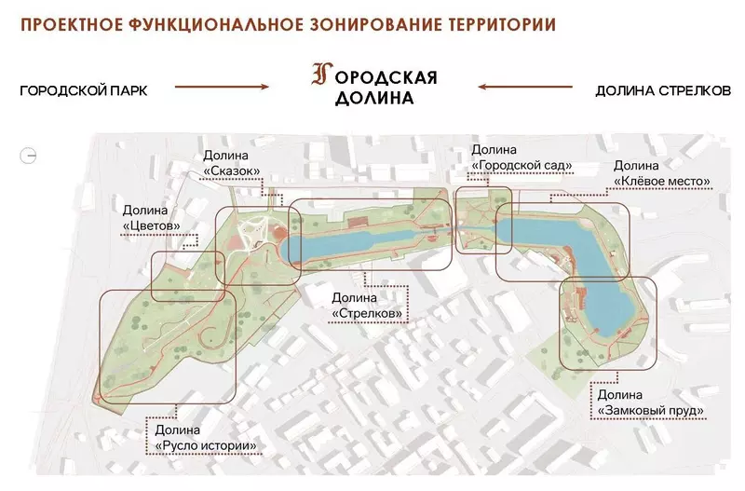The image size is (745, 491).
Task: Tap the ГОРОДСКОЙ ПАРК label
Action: point(84,90)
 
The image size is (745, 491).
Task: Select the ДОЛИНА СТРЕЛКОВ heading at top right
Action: point(663,90)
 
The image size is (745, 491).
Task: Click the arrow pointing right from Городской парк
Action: point(222,88)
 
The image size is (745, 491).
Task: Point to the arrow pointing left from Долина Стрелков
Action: point(523,88)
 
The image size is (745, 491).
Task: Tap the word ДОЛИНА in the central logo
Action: point(373,97)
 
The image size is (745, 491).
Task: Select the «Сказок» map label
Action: point(231,171)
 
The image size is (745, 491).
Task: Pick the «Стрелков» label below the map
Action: point(367,314)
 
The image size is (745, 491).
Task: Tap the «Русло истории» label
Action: point(206,445)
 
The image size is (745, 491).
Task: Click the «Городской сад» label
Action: point(521,166)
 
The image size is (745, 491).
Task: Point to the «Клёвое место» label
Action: point(663,180)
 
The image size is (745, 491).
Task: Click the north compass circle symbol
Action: point(30,156)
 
